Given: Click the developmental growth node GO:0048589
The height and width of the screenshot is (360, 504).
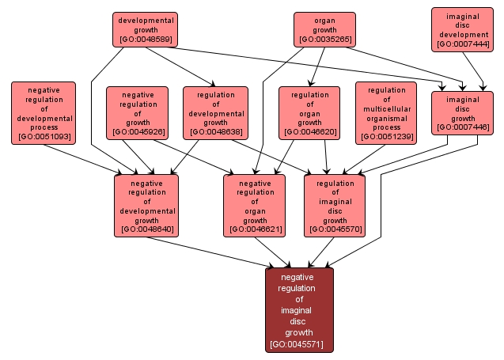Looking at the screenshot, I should (146, 28).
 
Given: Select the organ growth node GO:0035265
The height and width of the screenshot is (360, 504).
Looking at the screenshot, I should (324, 28).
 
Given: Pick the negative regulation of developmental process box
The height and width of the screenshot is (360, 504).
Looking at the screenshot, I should (44, 113).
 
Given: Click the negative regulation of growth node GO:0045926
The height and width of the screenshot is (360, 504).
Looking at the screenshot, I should (138, 112).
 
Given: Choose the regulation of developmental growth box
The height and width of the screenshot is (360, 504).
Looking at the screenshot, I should (215, 112).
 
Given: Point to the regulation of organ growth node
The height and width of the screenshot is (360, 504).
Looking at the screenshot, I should (309, 112).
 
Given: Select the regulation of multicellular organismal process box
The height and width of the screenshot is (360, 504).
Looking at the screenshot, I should (387, 112).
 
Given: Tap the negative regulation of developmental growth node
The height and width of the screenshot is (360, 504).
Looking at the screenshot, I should (146, 205).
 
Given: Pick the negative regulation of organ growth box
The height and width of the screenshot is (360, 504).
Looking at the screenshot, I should (256, 205).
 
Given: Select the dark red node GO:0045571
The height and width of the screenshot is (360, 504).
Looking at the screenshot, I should (300, 309).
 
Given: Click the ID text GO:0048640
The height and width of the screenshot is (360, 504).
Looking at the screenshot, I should (146, 229).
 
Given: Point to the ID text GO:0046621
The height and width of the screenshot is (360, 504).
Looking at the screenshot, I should (256, 229).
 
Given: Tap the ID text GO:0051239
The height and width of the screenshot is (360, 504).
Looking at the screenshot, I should (387, 136).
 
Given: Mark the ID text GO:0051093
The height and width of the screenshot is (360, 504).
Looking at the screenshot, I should (44, 137).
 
